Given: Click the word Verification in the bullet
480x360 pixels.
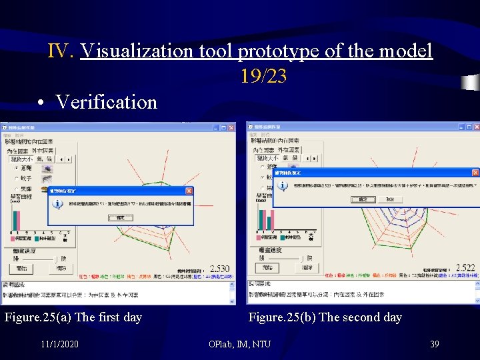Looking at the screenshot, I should [106, 102].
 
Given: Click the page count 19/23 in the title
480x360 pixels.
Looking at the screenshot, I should [263, 77].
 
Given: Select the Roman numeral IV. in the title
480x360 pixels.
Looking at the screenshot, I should [62, 51].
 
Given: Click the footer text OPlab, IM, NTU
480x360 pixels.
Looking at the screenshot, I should [239, 343].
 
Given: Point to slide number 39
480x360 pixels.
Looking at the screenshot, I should [434, 343].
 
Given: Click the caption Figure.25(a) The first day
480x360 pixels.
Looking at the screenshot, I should [73, 317].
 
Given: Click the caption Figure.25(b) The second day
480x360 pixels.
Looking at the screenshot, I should [325, 317].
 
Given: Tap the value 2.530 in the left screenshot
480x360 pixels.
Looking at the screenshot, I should [220, 269].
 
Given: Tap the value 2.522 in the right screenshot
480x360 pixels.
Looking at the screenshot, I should [465, 267].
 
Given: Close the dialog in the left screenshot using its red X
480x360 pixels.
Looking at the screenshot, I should [189, 190].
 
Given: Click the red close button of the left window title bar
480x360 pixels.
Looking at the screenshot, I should [231, 127].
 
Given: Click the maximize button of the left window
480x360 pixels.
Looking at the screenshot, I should [224, 127].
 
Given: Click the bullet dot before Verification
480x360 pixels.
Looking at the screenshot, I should [41, 103].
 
